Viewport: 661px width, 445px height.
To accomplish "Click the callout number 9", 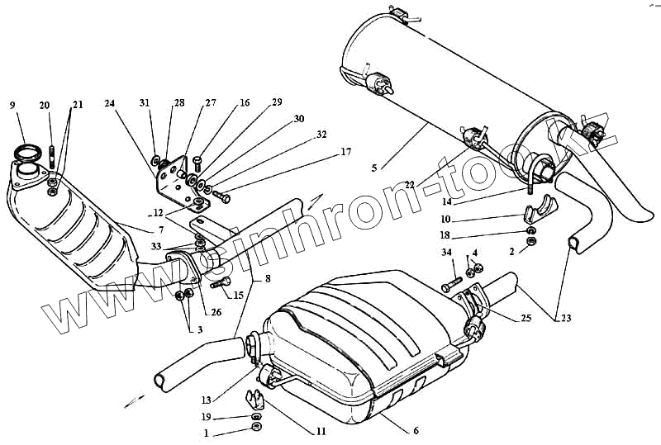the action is (x=12, y=105).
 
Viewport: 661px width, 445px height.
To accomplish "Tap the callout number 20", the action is (x=44, y=105).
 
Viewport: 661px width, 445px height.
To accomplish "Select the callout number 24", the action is (x=110, y=103).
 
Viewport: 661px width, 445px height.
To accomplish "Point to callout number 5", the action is (x=374, y=168).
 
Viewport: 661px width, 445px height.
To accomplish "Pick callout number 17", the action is (x=345, y=151).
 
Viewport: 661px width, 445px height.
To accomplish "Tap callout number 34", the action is (x=446, y=253).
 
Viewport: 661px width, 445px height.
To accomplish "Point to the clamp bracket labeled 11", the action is (x=256, y=401).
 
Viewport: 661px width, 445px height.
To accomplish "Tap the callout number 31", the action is (x=145, y=103).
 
